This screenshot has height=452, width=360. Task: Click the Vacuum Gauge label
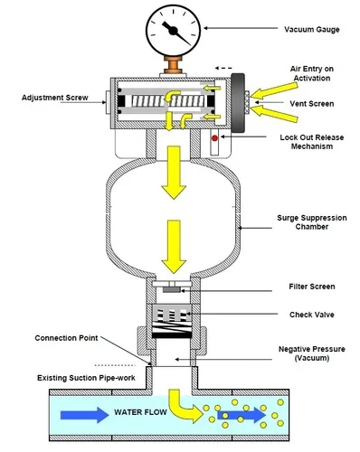(x=312, y=30)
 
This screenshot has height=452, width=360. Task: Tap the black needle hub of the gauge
(x=173, y=31)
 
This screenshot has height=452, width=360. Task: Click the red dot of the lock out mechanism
(x=214, y=138)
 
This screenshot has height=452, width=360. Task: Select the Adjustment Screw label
(x=55, y=98)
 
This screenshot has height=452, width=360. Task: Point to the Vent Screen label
(x=312, y=104)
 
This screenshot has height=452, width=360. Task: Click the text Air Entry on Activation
(x=312, y=73)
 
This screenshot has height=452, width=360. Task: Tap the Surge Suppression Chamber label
(x=312, y=222)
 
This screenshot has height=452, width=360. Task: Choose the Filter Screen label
(x=312, y=287)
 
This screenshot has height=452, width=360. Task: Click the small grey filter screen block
(x=172, y=289)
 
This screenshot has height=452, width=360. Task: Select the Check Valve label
(x=312, y=315)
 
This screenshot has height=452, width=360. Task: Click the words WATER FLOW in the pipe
(x=140, y=412)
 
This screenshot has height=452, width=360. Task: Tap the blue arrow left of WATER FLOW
(x=84, y=415)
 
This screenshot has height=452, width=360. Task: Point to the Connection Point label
(x=66, y=338)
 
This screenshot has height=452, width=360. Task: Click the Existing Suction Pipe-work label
(x=86, y=378)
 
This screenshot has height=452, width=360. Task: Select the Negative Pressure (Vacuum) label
(x=312, y=353)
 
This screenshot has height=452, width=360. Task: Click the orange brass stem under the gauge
(x=173, y=64)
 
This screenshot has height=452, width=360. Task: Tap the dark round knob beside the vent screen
(x=238, y=103)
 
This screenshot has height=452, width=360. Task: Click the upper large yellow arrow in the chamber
(x=174, y=173)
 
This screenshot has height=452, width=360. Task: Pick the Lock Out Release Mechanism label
(x=312, y=142)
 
